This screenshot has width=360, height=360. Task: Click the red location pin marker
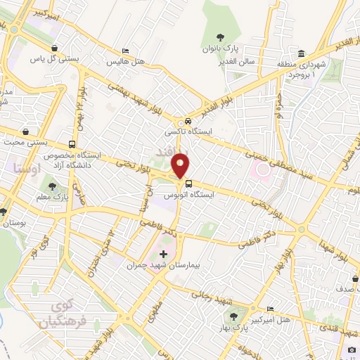[181, 166]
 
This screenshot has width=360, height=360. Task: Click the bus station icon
[188, 184]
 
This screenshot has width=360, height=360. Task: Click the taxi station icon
[187, 121]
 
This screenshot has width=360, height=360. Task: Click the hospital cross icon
[164, 254]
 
